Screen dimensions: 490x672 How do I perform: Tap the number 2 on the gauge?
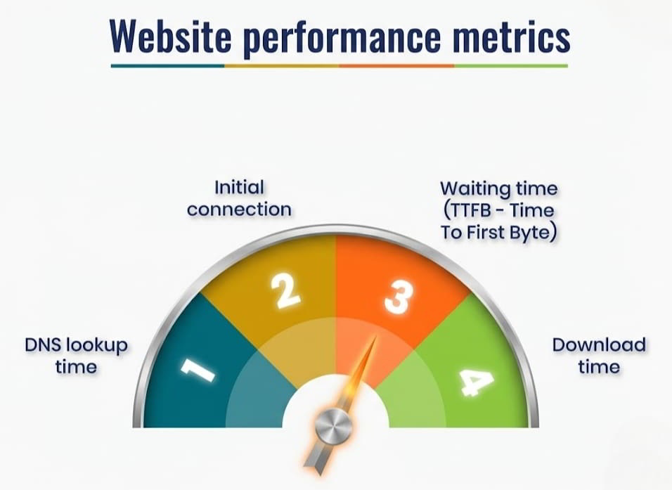tap(286, 291)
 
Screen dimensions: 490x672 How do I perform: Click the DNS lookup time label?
tap(76, 356)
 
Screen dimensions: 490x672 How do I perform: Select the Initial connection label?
tap(239, 198)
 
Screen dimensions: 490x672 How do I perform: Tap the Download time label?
tap(598, 356)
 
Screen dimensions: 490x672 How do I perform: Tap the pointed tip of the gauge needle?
tap(374, 338)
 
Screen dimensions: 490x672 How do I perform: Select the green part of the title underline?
tap(511, 65)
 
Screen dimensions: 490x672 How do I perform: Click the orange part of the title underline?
tap(396, 65)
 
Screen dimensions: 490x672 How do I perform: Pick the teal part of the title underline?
tap(167, 65)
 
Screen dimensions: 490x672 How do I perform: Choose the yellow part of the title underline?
tap(281, 65)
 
